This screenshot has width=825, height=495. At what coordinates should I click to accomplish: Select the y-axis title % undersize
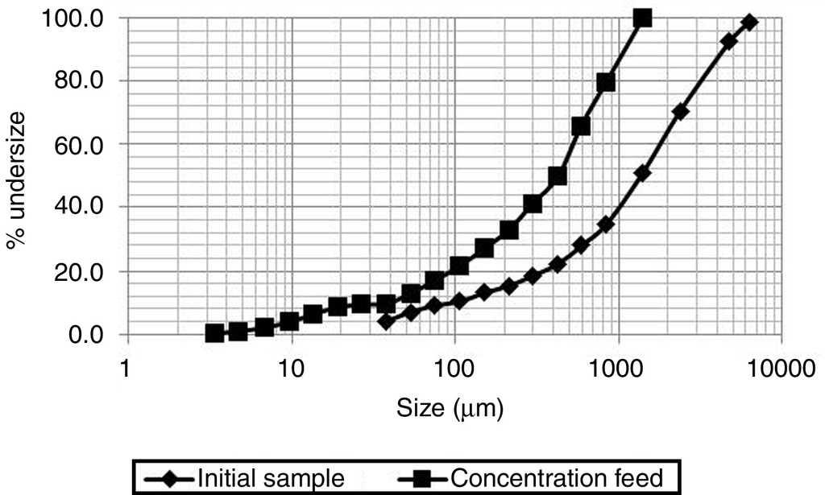pyautogui.click(x=17, y=176)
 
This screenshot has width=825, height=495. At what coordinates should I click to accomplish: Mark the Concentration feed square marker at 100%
pyautogui.click(x=642, y=18)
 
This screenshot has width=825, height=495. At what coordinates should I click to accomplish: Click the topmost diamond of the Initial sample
pyautogui.click(x=749, y=22)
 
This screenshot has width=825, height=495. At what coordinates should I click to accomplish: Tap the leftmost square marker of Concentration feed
pyautogui.click(x=214, y=332)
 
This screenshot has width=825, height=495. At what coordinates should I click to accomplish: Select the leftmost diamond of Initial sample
pyautogui.click(x=386, y=321)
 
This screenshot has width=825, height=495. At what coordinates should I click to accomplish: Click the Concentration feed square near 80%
pyautogui.click(x=606, y=82)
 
